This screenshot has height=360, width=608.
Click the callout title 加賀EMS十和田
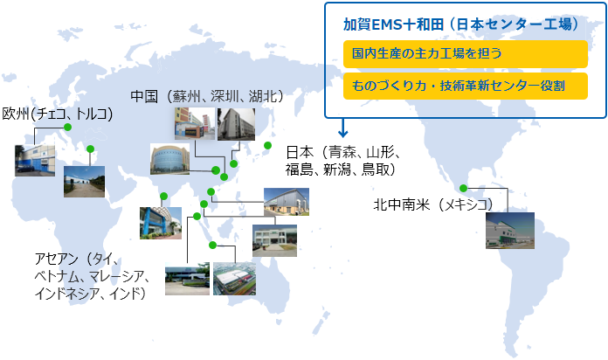393,24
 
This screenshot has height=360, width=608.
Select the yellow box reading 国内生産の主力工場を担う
466,54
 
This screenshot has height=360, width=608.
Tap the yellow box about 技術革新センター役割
466,86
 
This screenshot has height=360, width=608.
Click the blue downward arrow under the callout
342,128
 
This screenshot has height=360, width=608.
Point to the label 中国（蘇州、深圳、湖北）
207,96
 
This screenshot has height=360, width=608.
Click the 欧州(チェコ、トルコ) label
58,114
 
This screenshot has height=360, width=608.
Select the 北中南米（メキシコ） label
433,204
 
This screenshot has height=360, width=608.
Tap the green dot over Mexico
463,189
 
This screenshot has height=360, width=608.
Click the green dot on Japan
267,145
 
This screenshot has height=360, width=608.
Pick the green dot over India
163,197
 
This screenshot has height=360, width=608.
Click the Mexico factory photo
510,231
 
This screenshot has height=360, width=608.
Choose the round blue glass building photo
169,159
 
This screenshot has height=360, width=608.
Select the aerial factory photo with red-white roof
234,279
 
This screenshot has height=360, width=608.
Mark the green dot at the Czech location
68,128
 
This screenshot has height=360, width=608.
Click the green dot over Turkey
90,149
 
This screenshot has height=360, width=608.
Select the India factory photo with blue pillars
161,223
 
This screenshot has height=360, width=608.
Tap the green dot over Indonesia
212,246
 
